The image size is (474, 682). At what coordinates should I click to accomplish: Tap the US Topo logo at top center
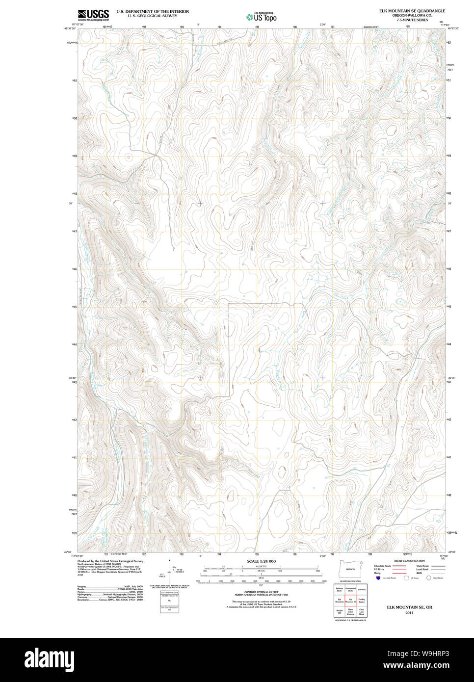262,17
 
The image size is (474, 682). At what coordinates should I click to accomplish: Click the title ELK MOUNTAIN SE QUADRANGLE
412,11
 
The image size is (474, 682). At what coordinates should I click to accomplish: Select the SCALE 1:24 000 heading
261,561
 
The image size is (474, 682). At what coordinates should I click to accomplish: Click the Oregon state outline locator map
350,570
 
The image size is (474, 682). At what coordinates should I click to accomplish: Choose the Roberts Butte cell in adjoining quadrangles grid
339,589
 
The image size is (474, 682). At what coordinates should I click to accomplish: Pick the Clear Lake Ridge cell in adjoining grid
362,612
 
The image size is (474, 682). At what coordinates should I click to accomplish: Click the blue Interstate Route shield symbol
378,578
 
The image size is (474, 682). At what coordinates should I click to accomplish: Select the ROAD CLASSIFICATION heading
410,561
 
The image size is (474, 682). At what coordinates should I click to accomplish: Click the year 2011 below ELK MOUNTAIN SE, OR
409,613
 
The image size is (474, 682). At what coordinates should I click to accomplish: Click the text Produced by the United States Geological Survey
110,561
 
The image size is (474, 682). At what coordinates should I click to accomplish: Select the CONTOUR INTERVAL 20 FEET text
261,592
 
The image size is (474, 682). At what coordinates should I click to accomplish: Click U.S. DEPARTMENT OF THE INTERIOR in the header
153,11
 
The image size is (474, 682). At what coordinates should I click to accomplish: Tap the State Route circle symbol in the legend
428,578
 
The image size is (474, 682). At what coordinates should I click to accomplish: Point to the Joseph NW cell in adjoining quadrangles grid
339,612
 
